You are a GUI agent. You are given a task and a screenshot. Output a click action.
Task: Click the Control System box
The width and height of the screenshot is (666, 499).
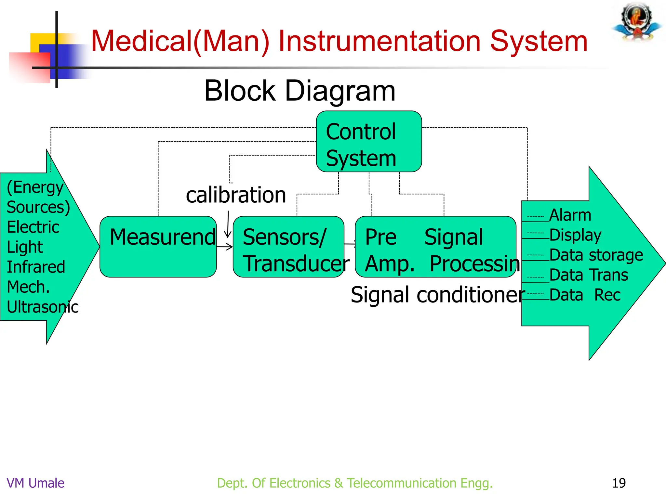(369, 142)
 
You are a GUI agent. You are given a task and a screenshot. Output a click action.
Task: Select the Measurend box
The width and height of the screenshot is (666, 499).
(158, 247)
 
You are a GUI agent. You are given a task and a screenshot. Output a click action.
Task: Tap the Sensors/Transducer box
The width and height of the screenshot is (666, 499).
(288, 247)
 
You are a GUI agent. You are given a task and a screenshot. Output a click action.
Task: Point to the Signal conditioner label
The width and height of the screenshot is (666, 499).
(437, 295)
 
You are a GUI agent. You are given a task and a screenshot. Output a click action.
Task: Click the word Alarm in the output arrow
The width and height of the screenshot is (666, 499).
(570, 215)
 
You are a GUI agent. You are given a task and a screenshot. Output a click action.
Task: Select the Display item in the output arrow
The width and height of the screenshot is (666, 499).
(575, 235)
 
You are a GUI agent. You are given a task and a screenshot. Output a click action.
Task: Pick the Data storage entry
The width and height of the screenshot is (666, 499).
(596, 255)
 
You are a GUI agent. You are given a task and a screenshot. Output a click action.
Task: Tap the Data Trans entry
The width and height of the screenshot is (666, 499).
(589, 275)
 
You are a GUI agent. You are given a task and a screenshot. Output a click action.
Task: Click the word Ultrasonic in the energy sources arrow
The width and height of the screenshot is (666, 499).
(43, 307)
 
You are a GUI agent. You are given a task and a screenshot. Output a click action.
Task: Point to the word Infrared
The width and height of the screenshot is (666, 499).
(36, 267)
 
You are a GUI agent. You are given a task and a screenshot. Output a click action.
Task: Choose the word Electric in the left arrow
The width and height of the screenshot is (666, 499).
(33, 227)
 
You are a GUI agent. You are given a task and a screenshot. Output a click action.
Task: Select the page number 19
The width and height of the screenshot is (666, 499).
(619, 483)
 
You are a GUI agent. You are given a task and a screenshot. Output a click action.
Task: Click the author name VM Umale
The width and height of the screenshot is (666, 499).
(35, 483)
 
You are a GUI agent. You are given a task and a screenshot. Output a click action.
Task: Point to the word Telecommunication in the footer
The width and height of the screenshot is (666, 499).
(401, 483)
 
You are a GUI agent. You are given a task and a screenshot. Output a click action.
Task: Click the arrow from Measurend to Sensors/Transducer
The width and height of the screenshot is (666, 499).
(225, 247)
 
